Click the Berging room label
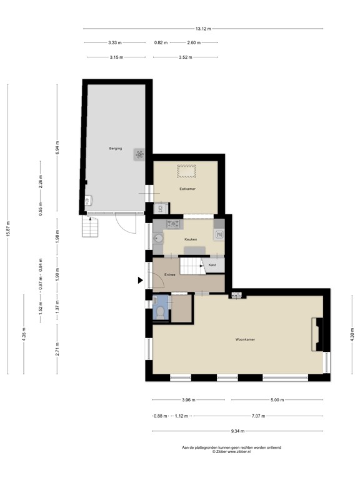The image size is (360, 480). [x=115, y=148]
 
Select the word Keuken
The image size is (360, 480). [x=191, y=239]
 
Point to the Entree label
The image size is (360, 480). [x=169, y=275]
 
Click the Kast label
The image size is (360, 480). [x=212, y=265]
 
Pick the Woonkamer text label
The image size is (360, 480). [x=245, y=339]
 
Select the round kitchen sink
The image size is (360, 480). [x=158, y=238]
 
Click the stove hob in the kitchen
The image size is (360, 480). [x=173, y=223]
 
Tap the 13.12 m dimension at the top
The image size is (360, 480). [x=203, y=29]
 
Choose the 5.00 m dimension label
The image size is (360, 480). [x=277, y=400]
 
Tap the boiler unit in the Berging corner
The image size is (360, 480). [x=88, y=201]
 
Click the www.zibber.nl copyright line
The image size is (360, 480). [x=231, y=451]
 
